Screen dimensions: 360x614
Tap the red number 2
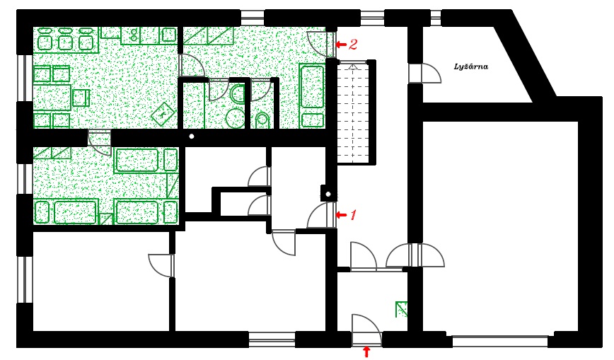coord(353,44)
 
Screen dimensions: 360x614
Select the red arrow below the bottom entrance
coord(366,352)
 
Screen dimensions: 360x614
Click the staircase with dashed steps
coord(353,111)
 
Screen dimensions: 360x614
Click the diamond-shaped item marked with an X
coord(164,112)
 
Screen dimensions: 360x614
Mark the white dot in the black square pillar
coord(328,192)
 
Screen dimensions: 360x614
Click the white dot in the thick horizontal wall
coord(191,137)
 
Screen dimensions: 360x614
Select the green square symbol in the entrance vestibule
coord(402,308)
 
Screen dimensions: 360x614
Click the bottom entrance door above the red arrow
coord(366,331)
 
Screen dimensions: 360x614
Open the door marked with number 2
coord(322,44)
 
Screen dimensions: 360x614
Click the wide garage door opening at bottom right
coord(499,341)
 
